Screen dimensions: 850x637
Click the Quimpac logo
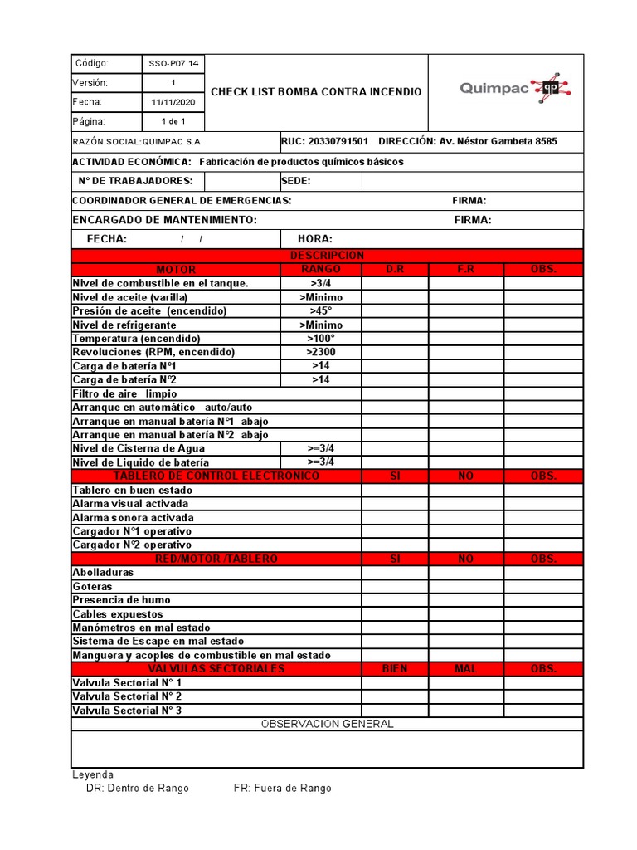[x=515, y=90]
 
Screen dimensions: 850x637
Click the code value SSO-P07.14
[x=174, y=64]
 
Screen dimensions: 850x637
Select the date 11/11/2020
[x=174, y=103]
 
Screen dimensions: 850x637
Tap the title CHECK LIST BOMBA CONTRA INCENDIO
[x=316, y=92]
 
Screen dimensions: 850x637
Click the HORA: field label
[x=315, y=239]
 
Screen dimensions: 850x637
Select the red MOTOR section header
[x=176, y=270]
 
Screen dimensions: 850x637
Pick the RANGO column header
[x=321, y=270]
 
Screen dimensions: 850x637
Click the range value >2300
[x=321, y=352]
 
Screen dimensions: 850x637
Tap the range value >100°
[x=321, y=339]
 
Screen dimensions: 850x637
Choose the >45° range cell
[x=321, y=310]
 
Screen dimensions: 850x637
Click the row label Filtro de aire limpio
[x=124, y=393]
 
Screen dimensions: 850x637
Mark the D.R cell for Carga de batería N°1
[x=395, y=366]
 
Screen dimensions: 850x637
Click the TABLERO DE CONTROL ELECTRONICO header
[x=216, y=476]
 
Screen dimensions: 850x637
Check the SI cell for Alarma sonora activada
[x=395, y=517]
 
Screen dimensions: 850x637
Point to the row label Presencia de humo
[x=121, y=600]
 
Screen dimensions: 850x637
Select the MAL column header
[x=466, y=669]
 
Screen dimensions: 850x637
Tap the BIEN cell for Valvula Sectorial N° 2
[x=395, y=696]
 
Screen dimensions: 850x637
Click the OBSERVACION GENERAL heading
[x=327, y=724]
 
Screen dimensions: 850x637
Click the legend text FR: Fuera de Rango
[x=282, y=789]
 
